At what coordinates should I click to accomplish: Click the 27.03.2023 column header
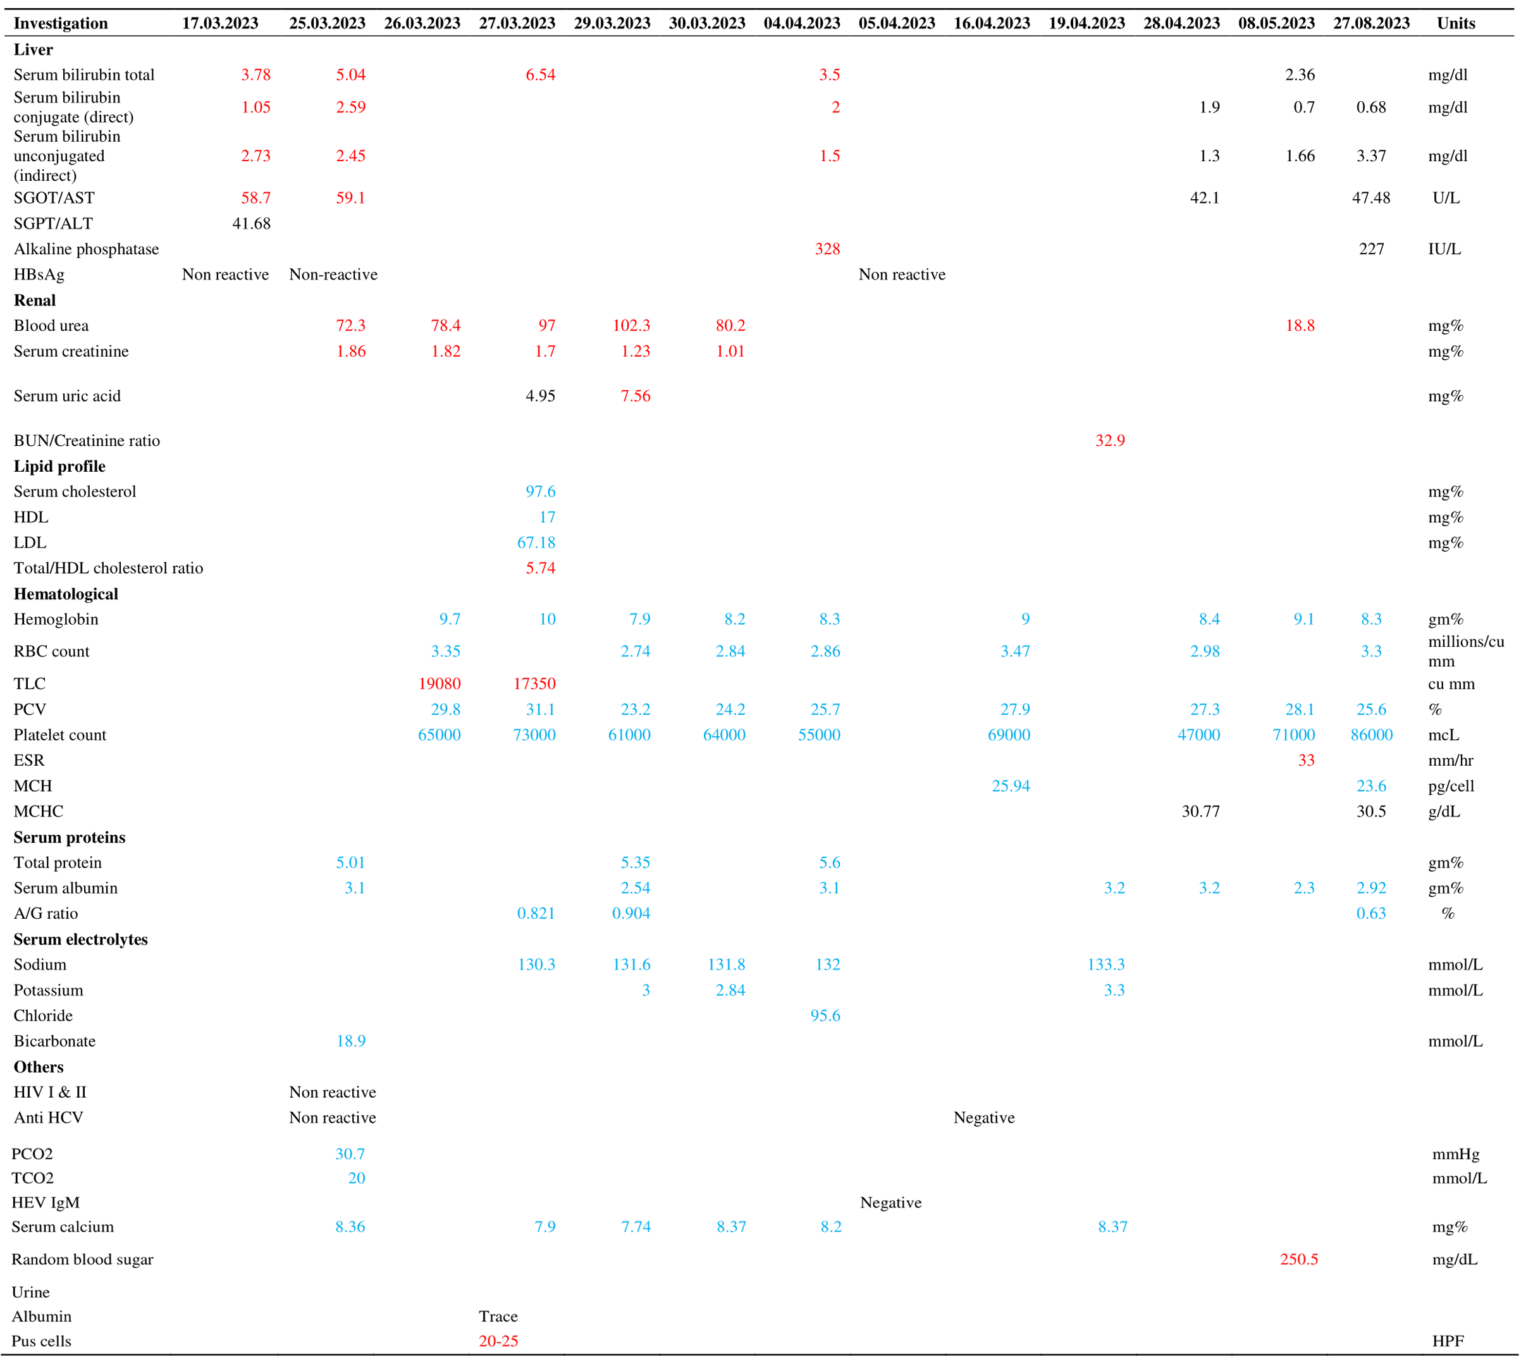pos(517,23)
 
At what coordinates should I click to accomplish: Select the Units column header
pos(1456,23)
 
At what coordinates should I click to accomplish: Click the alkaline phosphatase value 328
pos(827,249)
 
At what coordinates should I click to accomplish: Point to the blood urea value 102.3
pos(631,325)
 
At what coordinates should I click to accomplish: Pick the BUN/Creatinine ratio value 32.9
pos(1109,441)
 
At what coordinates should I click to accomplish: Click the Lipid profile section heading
pos(59,466)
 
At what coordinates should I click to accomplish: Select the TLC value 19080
pos(440,684)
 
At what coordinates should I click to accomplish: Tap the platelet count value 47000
pos(1198,734)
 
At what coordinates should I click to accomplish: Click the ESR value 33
pos(1306,760)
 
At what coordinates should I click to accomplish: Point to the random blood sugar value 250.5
pos(1298,1259)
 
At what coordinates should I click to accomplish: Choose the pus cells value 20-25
pos(498,1341)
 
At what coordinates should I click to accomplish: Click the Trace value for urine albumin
pos(498,1316)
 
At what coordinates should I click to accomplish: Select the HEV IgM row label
pos(45,1202)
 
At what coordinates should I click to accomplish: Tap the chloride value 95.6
pos(825,1016)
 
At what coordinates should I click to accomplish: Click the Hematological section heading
pos(66,594)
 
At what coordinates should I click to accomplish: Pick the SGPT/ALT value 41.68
pos(251,223)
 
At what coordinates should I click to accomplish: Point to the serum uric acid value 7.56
pos(635,396)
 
